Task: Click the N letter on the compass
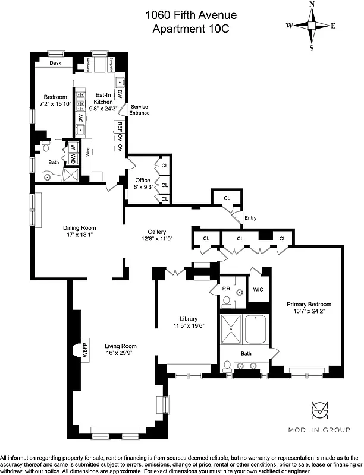tap(312, 5)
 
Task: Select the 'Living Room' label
tap(121, 346)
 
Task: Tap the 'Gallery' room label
tap(157, 232)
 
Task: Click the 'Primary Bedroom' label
tap(306, 303)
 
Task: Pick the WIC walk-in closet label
tap(258, 290)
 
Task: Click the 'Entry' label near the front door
tap(250, 218)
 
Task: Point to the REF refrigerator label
tap(120, 126)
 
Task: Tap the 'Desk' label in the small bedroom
tap(55, 62)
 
